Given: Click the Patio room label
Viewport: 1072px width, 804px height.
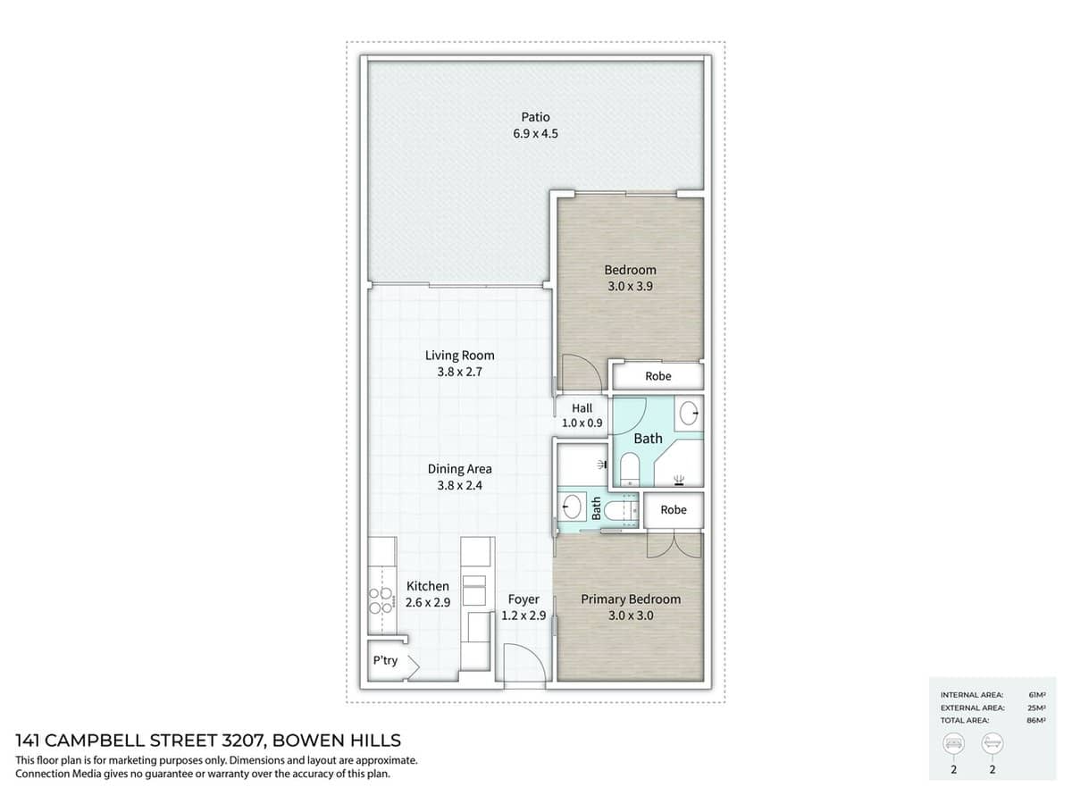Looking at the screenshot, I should click(x=535, y=116).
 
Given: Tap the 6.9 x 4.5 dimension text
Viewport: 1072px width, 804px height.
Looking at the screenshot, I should click(x=535, y=134).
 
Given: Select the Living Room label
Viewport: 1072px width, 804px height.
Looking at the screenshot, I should click(x=459, y=355).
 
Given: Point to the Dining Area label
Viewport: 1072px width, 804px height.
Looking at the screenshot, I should click(x=459, y=468).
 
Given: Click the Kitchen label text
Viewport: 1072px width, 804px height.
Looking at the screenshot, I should click(x=428, y=586).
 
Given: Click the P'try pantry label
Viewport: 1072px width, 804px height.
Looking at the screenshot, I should click(x=385, y=661).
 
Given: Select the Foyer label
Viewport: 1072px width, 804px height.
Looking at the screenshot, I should click(x=523, y=599).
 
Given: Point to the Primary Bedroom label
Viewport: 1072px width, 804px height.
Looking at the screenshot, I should click(x=631, y=599).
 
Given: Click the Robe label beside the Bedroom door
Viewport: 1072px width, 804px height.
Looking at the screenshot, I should click(x=657, y=376).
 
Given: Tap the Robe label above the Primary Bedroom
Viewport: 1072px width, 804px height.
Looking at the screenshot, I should click(x=674, y=509).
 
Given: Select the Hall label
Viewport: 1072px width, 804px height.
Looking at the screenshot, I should click(x=582, y=408).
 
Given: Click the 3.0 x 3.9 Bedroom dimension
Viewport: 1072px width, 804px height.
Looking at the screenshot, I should click(x=630, y=287).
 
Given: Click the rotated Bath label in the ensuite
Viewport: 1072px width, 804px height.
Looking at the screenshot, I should click(x=596, y=508).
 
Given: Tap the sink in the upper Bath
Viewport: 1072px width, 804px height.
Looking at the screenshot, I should click(x=689, y=413).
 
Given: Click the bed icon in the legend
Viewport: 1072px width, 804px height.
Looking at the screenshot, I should click(x=953, y=743).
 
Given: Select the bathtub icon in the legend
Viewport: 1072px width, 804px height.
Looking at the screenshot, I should click(x=992, y=743).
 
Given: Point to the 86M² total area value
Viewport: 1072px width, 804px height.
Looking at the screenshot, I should click(x=1036, y=719).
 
